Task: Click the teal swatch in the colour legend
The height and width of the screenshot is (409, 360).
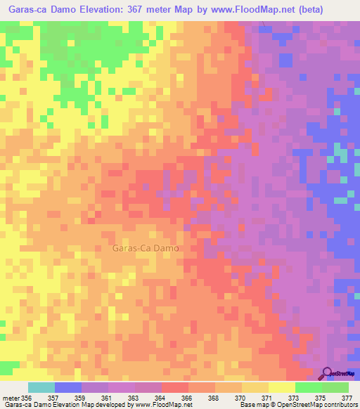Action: pos(41,387)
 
